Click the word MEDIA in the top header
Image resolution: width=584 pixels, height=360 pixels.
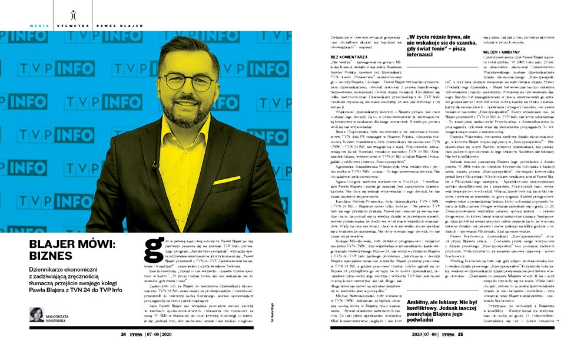coord(39,26)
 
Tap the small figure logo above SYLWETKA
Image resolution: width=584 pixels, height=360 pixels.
coord(72,16)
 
